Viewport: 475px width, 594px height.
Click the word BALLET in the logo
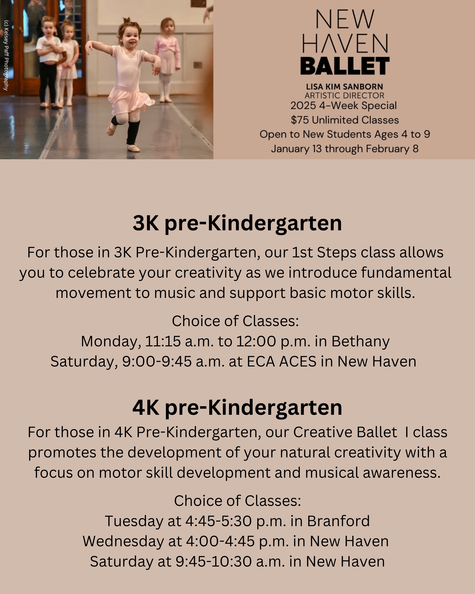(345, 66)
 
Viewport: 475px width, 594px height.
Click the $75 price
(300, 120)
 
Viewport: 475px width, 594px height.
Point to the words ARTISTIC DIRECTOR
(344, 96)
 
